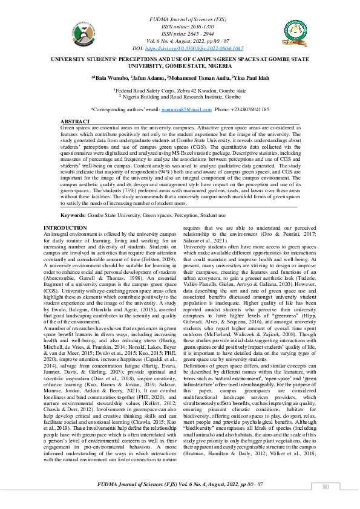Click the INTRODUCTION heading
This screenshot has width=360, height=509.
(65, 227)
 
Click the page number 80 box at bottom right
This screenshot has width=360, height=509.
(326, 487)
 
